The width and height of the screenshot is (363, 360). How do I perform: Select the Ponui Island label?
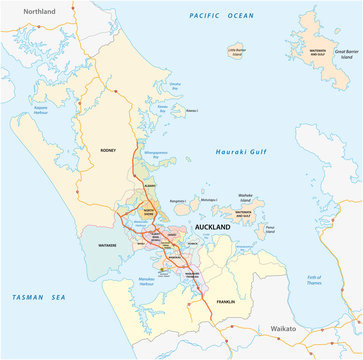(271, 227)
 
